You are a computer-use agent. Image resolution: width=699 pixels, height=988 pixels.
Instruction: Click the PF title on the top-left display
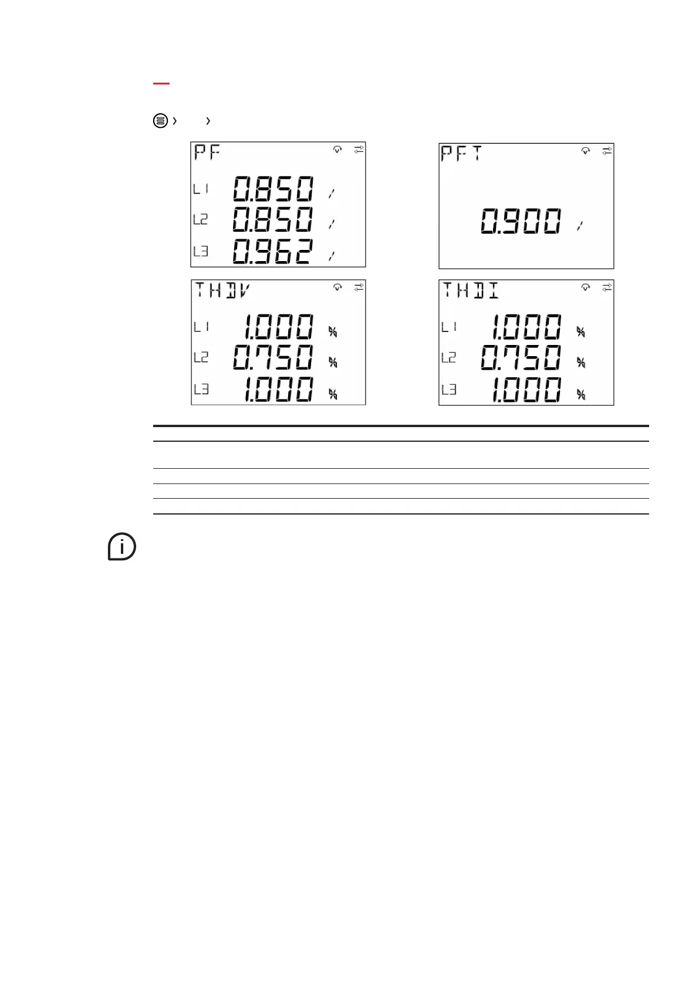click(x=208, y=154)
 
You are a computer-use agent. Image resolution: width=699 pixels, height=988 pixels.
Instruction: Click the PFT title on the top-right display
click(x=461, y=154)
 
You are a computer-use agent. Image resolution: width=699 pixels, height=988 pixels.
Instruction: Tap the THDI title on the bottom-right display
click(x=470, y=290)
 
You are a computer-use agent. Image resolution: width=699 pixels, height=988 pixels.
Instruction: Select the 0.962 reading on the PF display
click(x=273, y=251)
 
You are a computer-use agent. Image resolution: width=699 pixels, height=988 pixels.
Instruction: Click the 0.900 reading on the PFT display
click(x=521, y=222)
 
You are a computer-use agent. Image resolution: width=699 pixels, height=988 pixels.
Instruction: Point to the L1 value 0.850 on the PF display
click(x=273, y=189)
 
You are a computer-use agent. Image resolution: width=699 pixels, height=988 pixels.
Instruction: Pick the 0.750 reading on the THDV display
click(x=273, y=357)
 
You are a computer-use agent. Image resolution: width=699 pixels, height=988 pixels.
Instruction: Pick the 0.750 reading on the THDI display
click(x=521, y=357)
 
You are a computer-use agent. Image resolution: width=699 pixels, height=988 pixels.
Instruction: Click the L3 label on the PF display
click(x=201, y=252)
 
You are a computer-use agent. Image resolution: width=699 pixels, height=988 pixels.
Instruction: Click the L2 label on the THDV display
click(x=201, y=357)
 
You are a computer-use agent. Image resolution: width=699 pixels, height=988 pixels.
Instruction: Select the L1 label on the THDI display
click(x=449, y=326)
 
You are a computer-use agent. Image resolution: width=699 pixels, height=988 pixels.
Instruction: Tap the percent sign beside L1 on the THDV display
click(x=333, y=332)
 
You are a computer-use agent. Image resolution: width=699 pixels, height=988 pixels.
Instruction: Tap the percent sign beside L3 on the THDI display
click(x=581, y=394)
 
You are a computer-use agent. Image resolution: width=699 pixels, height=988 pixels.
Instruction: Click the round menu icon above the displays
click(x=160, y=121)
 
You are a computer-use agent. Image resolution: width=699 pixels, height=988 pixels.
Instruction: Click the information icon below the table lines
click(x=121, y=547)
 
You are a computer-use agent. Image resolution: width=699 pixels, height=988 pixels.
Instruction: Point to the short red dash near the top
click(x=161, y=84)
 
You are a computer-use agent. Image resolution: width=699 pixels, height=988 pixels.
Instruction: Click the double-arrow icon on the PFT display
click(x=607, y=151)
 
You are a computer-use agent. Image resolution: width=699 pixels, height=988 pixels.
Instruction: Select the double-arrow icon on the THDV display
click(x=359, y=287)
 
